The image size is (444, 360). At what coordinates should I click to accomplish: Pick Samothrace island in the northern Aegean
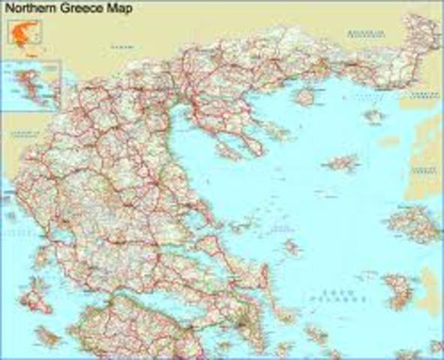click(x=373, y=115)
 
